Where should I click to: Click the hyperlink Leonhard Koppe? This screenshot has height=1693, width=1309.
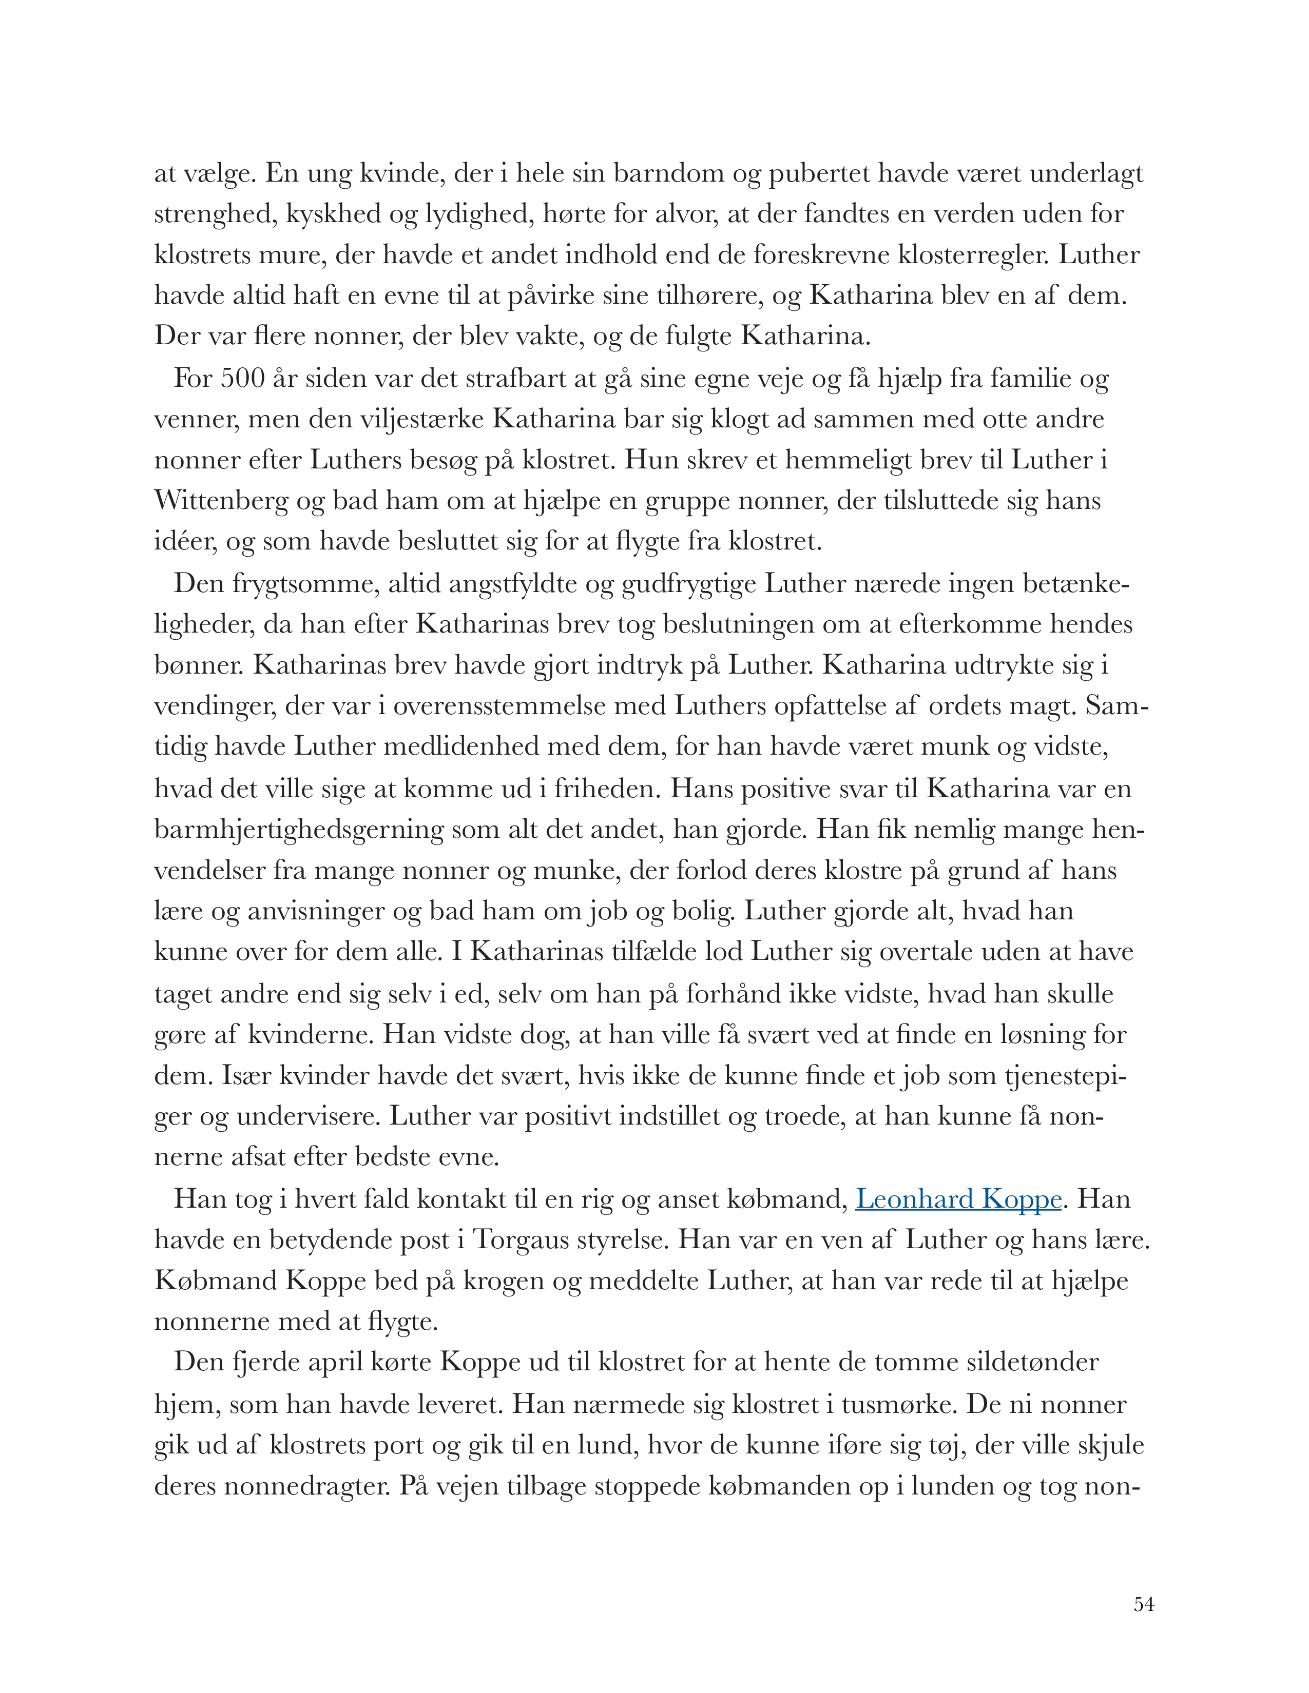(958, 1199)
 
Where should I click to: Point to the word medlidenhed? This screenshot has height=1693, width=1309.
(470, 747)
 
